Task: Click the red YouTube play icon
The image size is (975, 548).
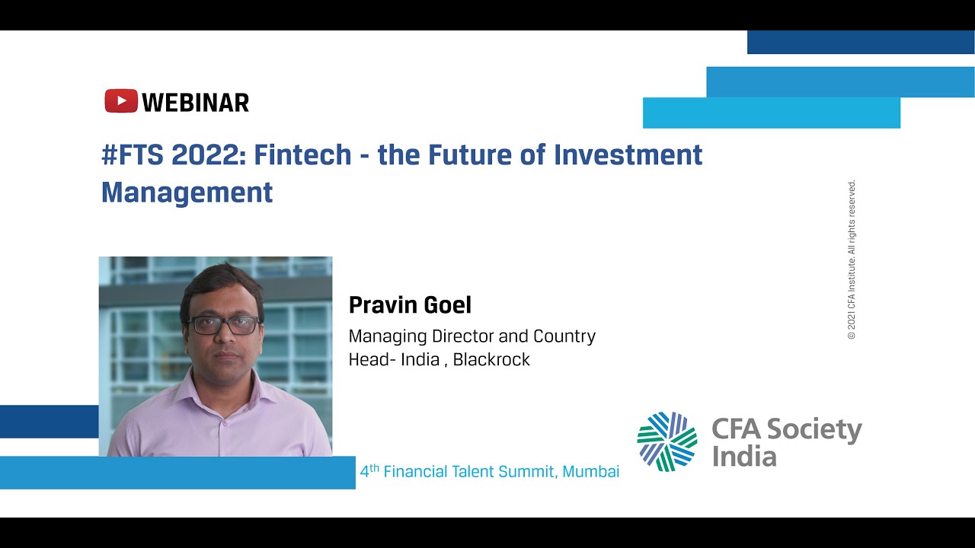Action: (x=121, y=101)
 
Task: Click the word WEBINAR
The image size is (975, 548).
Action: (x=196, y=102)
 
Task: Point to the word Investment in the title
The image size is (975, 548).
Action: (x=628, y=155)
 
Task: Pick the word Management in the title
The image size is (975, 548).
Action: (x=187, y=193)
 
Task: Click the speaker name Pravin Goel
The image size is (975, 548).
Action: (x=410, y=305)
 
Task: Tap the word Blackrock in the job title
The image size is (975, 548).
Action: (x=491, y=359)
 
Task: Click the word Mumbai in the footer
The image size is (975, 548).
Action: (x=591, y=472)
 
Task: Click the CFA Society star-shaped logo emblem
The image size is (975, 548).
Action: (x=667, y=441)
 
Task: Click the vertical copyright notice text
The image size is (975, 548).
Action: (x=852, y=259)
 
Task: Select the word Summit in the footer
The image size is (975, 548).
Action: (x=529, y=472)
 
